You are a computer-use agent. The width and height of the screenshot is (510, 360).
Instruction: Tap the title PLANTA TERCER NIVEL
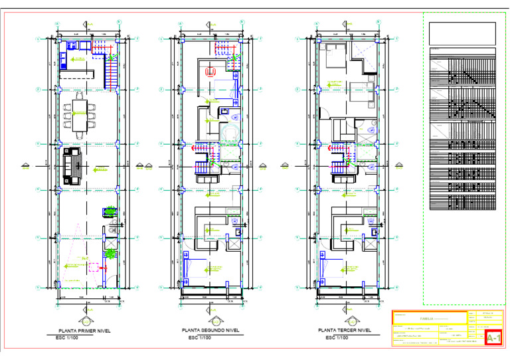tap(345, 329)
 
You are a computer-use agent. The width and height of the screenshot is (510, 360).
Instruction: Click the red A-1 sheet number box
tap(493, 339)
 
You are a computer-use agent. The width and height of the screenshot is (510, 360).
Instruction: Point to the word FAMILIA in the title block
tap(428, 318)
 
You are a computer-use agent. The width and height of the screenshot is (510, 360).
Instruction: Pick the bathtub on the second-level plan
tap(229, 133)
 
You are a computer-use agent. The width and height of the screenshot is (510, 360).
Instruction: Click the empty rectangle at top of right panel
tap(462, 32)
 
